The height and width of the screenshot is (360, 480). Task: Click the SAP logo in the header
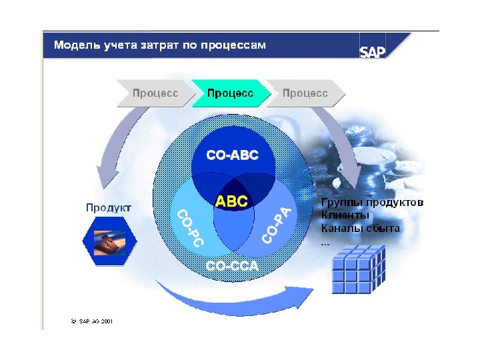373,52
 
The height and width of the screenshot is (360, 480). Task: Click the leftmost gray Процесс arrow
155,94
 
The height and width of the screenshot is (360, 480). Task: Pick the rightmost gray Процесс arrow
305,94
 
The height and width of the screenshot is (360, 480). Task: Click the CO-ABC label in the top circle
232,155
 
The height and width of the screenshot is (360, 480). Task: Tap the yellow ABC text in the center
231,201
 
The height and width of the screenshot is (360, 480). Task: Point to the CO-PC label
189,229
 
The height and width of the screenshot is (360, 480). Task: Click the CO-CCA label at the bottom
231,267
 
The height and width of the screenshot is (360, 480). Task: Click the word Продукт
109,207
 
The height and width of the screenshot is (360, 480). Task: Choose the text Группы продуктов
372,202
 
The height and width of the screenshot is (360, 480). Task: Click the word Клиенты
345,215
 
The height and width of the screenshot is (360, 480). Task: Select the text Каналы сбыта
360,228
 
